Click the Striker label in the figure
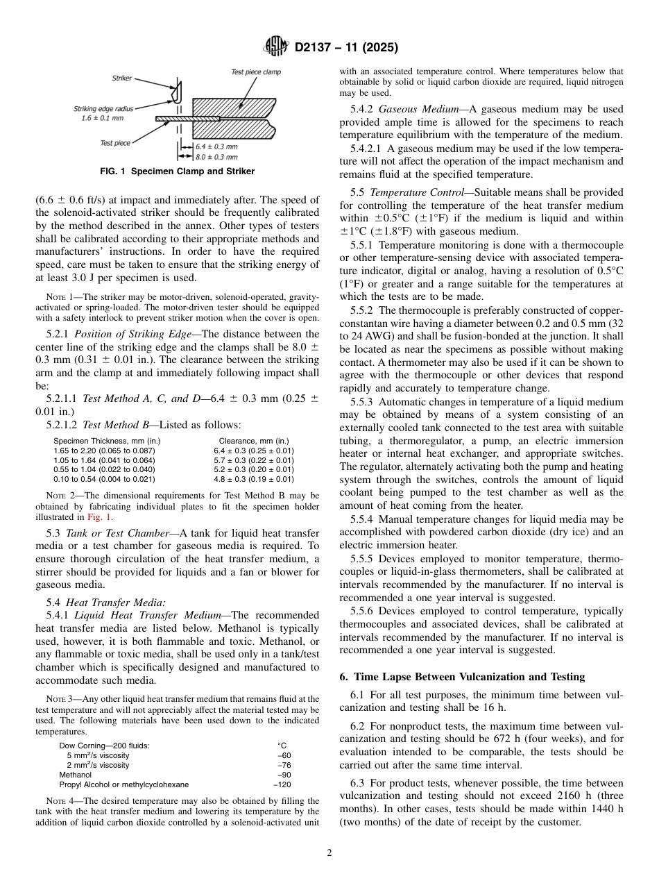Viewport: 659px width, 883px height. (121, 79)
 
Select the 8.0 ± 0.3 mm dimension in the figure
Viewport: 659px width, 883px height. (216, 158)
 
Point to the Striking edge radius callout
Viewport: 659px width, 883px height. (104, 113)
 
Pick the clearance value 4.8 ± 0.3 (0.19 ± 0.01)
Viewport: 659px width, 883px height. (253, 478)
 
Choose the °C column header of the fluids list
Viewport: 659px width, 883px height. (282, 746)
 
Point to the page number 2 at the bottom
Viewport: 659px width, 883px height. (329, 854)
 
